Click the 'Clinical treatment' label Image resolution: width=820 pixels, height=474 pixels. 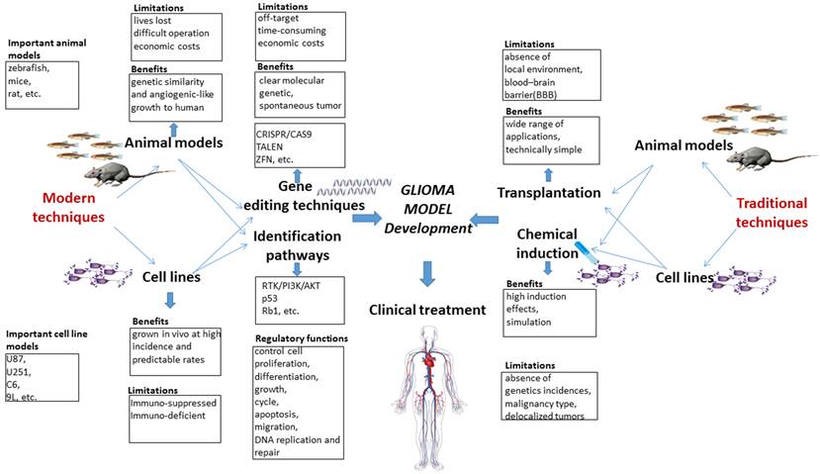tap(427, 310)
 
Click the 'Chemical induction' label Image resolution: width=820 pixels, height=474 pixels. tap(549, 243)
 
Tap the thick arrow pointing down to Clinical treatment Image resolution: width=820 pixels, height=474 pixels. tap(427, 272)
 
